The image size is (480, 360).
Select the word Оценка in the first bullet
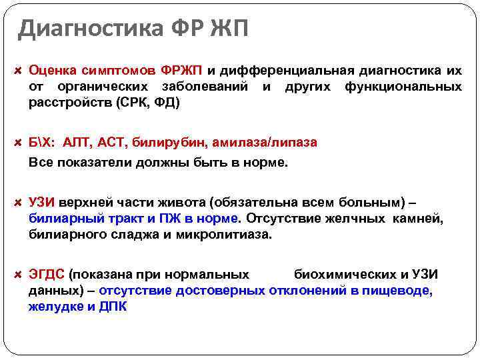(52, 70)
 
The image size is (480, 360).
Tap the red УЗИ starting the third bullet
(41, 202)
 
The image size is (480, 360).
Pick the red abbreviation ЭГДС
(47, 274)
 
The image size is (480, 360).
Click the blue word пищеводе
(403, 291)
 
